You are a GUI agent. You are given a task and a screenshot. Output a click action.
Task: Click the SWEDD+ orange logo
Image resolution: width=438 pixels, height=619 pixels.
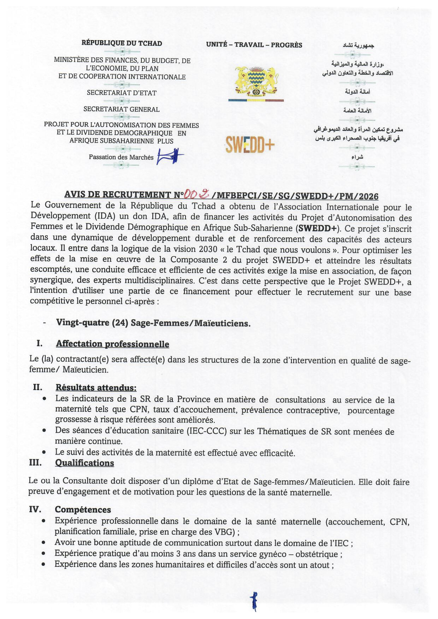tap(250, 145)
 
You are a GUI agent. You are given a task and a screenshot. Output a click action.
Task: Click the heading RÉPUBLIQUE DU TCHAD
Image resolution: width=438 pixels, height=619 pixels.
tap(122, 43)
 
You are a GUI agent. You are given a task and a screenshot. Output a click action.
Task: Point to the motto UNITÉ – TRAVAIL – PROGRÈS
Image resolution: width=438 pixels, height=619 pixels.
tap(254, 45)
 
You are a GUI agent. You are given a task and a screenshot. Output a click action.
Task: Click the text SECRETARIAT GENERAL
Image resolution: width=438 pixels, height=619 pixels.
tap(121, 109)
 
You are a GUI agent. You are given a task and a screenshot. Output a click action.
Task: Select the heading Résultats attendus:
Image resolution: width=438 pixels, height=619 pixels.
tap(96, 388)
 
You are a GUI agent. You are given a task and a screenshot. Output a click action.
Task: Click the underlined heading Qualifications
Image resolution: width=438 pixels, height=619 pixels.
tap(84, 463)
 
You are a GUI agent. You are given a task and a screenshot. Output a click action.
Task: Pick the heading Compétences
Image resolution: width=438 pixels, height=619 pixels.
tap(83, 510)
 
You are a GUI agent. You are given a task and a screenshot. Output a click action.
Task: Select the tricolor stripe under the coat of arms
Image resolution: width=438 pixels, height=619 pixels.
tap(256, 100)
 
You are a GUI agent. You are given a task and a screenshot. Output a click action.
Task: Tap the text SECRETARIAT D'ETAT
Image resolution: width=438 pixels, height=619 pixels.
tap(121, 93)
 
